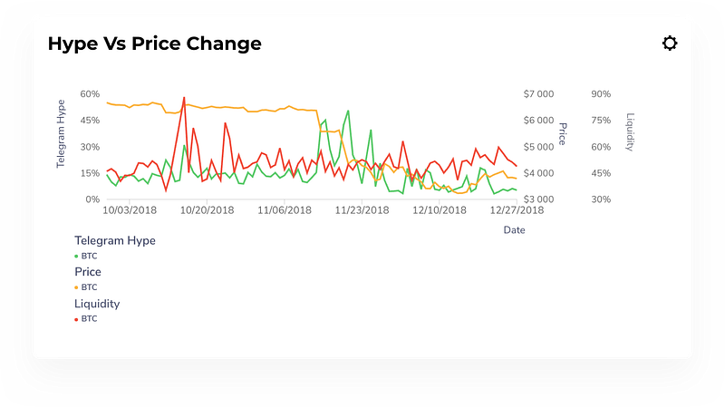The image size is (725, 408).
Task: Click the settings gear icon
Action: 670,44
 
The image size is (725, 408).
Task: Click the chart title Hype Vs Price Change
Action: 154,44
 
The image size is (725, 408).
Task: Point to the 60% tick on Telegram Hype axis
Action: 90,93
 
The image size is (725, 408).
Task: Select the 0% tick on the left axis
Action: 92,199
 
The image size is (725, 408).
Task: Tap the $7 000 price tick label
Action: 537,93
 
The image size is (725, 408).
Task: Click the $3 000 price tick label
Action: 537,199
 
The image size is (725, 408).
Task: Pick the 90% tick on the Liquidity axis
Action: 600,93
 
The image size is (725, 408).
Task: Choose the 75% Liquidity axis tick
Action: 600,120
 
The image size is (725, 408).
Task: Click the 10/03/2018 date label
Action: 130,210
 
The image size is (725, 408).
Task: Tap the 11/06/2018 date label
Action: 285,210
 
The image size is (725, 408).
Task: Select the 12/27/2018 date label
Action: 517,210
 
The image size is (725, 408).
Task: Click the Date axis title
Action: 514,230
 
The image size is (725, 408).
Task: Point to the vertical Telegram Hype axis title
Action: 62,133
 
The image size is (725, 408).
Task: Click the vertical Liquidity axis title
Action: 630,132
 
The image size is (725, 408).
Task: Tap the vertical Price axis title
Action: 562,133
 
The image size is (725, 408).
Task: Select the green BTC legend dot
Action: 76,257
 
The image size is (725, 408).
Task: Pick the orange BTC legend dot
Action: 76,287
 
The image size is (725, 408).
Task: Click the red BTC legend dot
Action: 76,319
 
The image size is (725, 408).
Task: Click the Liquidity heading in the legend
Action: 97,304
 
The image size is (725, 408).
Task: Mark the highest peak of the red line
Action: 184,97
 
